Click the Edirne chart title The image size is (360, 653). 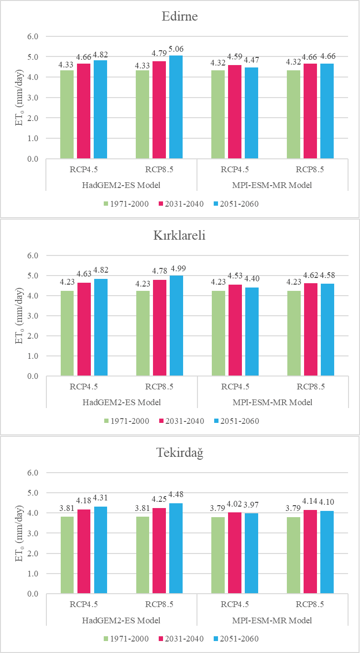180,17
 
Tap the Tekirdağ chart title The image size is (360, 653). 180,454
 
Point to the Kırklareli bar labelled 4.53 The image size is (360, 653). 235,331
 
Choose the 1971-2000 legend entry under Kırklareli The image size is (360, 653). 127,421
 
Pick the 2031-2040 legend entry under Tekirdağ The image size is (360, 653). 182,639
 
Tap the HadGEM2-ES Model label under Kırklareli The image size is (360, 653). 121,402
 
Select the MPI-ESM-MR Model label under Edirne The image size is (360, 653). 273,185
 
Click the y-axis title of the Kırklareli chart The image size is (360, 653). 20,316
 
